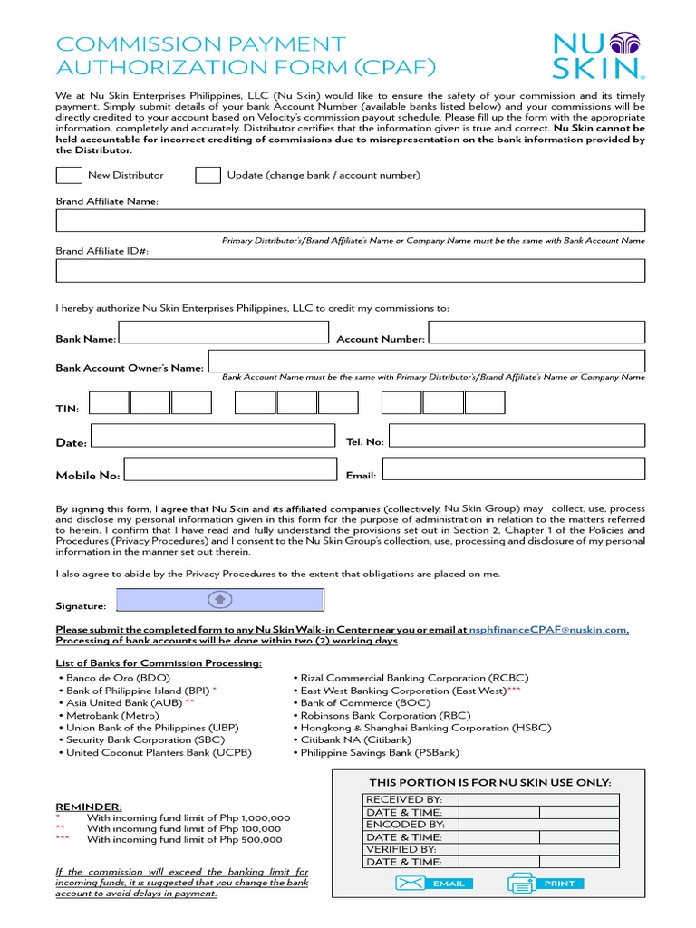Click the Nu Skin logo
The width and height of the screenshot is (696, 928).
point(599,54)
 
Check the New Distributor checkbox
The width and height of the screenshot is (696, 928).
point(69,175)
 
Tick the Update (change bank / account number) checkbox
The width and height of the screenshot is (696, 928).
point(208,175)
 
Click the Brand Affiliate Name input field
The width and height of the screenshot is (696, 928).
point(350,220)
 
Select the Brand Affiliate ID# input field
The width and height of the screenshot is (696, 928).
point(350,270)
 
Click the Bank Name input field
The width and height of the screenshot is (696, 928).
point(223,333)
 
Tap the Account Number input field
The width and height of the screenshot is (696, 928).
point(536,333)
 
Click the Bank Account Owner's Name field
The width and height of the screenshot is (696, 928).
point(426,361)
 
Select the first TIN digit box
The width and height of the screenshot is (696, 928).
point(110,402)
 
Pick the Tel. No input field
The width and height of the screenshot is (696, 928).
point(517,436)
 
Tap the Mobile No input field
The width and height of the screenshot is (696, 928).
point(231,469)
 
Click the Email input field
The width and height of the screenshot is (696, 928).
point(512,469)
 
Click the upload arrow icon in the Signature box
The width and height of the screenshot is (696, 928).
point(220,599)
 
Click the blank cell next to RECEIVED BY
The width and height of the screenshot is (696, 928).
point(538,799)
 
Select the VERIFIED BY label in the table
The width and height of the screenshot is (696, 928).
point(401,849)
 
